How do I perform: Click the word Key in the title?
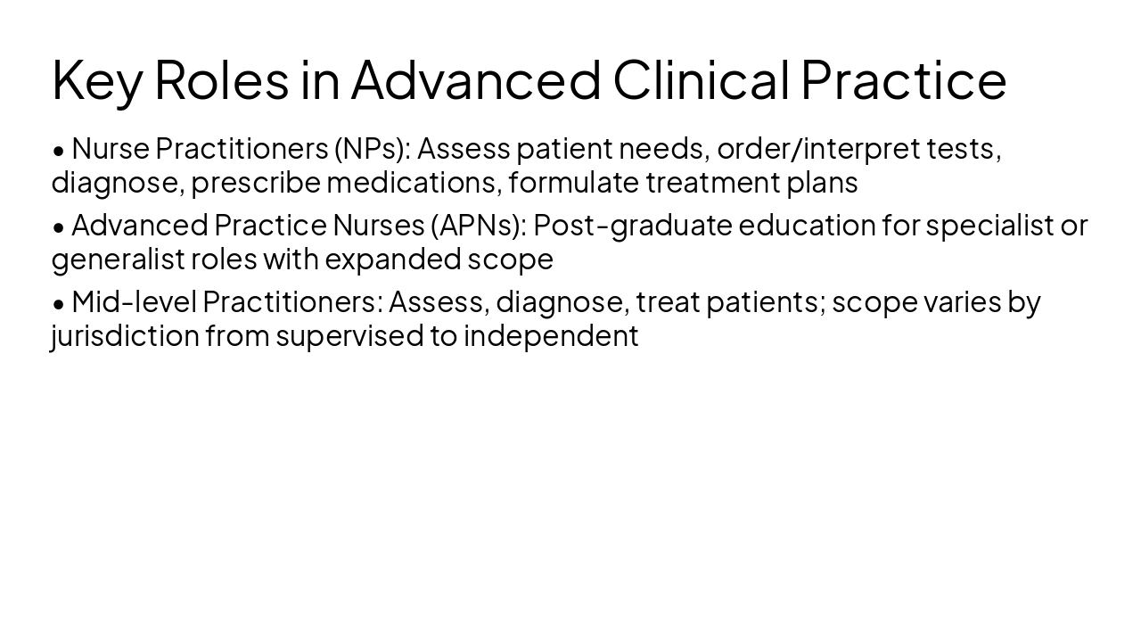[x=96, y=80]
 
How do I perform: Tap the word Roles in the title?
[x=222, y=79]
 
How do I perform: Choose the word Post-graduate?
[x=632, y=226]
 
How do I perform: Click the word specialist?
[x=989, y=226]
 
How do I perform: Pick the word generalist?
[x=117, y=259]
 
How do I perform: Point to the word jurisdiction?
[x=125, y=336]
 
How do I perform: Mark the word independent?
[x=550, y=336]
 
